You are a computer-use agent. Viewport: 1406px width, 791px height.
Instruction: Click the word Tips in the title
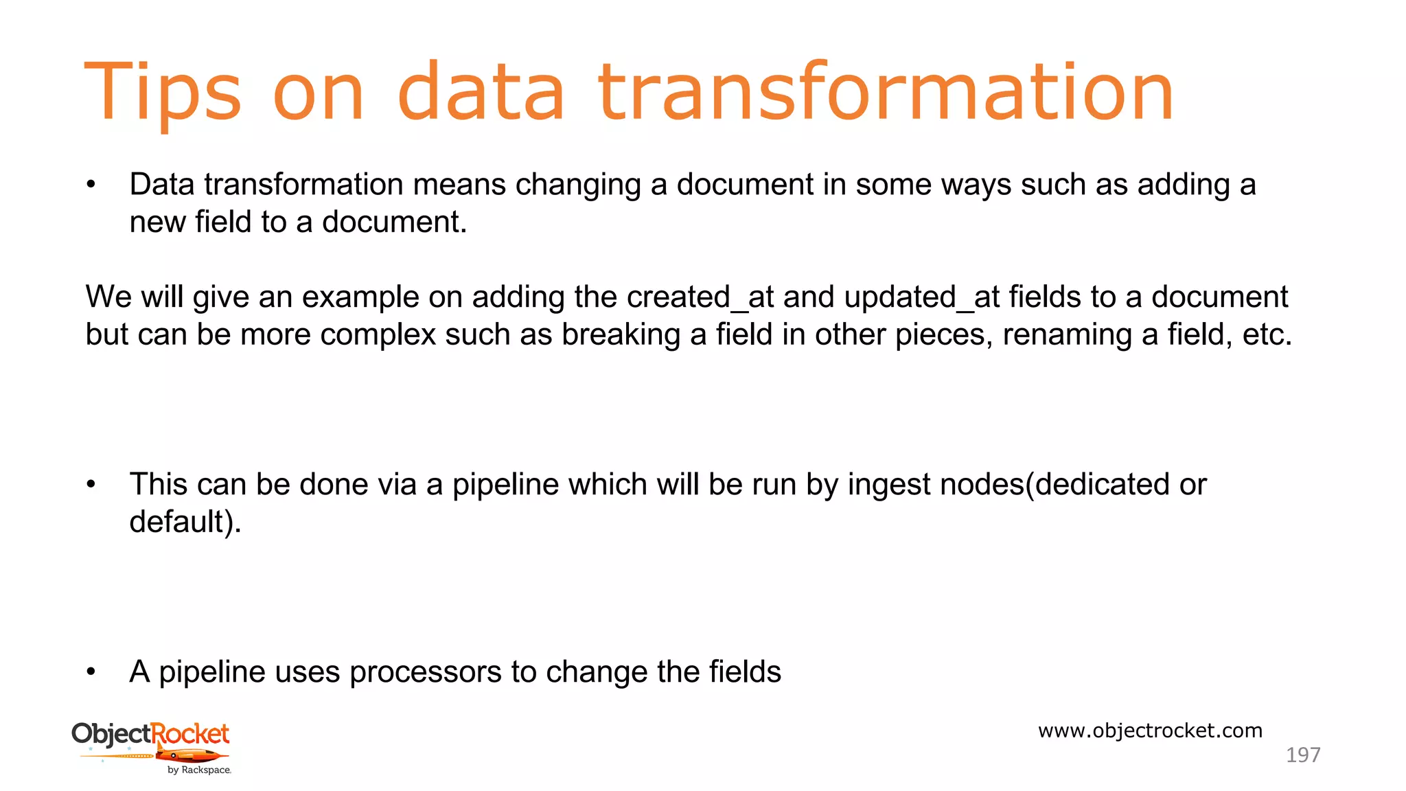click(x=162, y=93)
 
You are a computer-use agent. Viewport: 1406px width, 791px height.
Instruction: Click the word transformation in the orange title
click(x=886, y=93)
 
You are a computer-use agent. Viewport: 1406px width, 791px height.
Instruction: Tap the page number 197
click(x=1302, y=755)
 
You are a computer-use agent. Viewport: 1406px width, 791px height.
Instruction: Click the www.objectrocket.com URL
click(x=1150, y=731)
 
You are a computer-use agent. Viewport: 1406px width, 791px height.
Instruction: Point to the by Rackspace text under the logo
click(x=199, y=770)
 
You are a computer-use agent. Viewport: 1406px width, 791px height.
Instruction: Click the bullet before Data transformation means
click(x=91, y=185)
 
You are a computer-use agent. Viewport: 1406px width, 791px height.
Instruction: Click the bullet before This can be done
click(x=91, y=485)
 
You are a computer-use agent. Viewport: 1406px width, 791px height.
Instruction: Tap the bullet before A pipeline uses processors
click(x=91, y=672)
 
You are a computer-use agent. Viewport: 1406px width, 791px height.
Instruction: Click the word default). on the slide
click(x=185, y=523)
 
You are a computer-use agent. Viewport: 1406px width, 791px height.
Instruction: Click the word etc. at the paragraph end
click(x=1267, y=335)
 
